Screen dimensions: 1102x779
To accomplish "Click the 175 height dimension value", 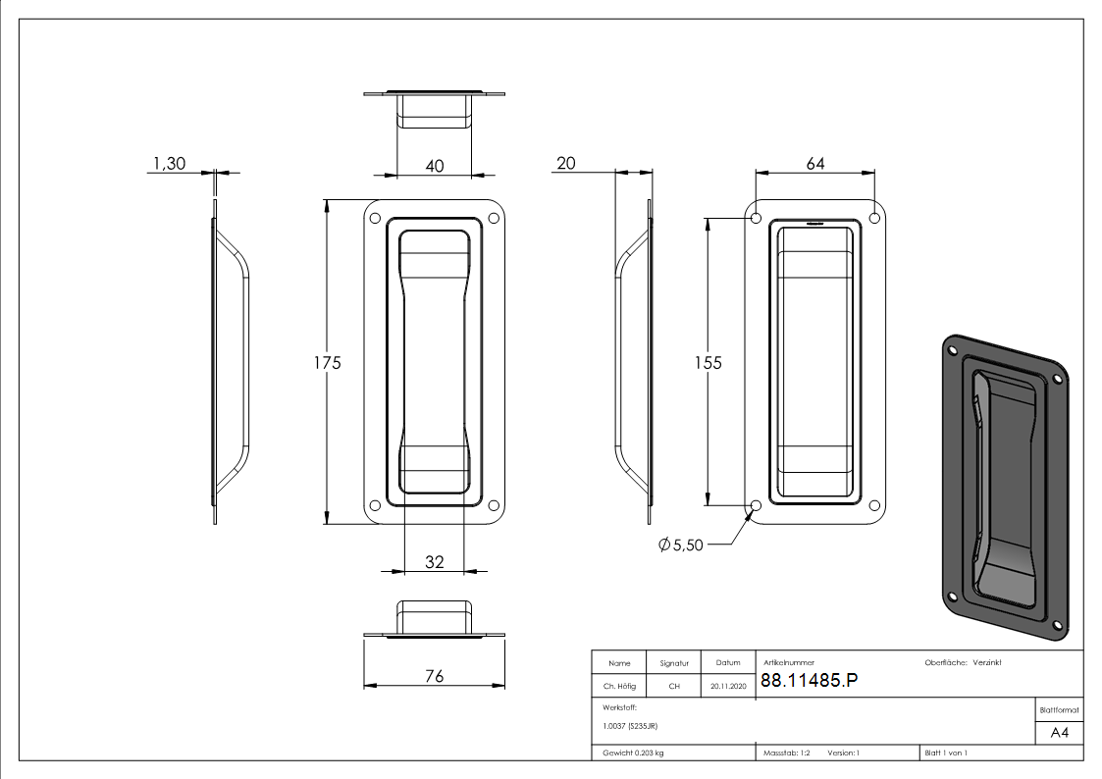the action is coord(328,363).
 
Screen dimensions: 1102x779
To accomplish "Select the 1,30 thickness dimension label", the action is coord(170,164).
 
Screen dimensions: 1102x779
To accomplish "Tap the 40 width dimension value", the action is coord(435,167).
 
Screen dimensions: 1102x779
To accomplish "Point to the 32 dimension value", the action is coord(435,562).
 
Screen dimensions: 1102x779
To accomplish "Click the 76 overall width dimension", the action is coord(435,676).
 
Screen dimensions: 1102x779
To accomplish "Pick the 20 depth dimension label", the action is coord(566,164).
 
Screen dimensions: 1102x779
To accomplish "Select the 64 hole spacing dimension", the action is coord(815,164).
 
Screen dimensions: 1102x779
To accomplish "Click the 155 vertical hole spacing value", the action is coord(708,363).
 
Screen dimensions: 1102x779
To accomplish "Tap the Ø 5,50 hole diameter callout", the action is coord(680,545).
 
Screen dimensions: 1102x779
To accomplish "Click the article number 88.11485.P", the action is coord(809,680).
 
